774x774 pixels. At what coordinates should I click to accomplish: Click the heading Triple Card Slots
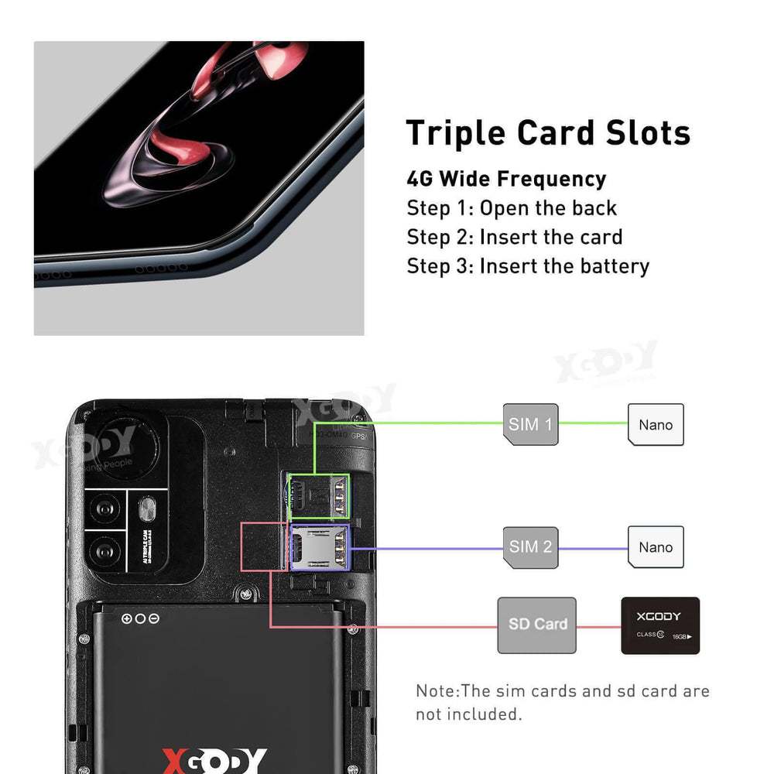click(x=548, y=132)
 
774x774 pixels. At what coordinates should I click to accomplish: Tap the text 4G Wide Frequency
click(x=506, y=179)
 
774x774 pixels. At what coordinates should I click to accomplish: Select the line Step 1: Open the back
click(x=512, y=208)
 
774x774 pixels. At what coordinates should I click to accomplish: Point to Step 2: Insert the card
click(x=515, y=237)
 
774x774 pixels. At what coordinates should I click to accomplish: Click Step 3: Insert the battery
click(x=528, y=266)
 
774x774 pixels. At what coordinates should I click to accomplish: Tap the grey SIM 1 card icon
click(x=530, y=424)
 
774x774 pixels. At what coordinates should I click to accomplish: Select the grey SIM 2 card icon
click(x=530, y=547)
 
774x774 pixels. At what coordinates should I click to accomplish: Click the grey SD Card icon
click(x=537, y=625)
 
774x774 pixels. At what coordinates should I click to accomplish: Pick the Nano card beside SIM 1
click(x=656, y=424)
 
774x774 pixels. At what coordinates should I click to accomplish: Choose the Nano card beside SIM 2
click(x=656, y=547)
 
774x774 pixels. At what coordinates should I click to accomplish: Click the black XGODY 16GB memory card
click(x=660, y=625)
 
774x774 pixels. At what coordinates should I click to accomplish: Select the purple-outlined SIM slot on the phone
click(x=320, y=547)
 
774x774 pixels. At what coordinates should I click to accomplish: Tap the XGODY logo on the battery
click(x=214, y=760)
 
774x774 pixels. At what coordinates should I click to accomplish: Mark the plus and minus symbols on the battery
click(x=140, y=618)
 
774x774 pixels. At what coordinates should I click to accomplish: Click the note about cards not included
click(x=562, y=702)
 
